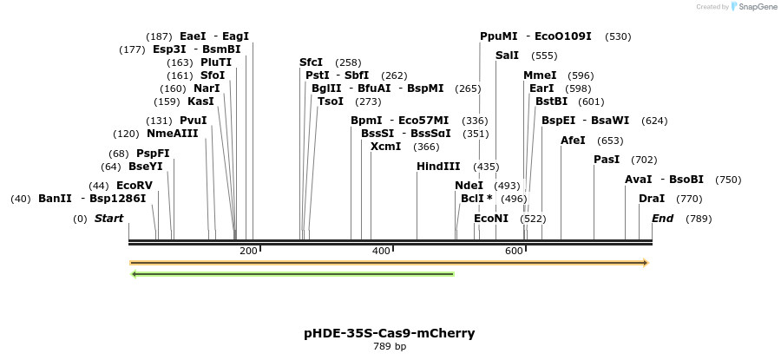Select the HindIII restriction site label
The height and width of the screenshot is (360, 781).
click(438, 167)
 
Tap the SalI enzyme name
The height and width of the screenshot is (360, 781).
click(507, 56)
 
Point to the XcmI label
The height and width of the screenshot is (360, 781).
click(385, 147)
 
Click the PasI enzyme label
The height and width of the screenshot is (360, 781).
click(607, 160)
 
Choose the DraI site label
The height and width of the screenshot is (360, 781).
click(652, 199)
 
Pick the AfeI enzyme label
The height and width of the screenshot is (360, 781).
click(573, 141)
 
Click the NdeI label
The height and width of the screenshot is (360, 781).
click(469, 186)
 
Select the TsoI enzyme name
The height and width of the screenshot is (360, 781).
click(331, 101)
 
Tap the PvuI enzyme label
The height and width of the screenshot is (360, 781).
click(194, 121)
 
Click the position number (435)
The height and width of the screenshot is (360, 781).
click(486, 167)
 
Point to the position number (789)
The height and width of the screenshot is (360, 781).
click(699, 219)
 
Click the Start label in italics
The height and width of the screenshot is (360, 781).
click(109, 219)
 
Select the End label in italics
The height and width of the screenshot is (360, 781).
click(663, 219)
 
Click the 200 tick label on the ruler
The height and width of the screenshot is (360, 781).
click(248, 251)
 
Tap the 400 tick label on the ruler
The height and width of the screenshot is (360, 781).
click(381, 251)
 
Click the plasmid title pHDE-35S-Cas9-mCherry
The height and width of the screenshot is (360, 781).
click(389, 333)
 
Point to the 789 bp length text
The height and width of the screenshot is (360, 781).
click(389, 347)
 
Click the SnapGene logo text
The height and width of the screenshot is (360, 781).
click(758, 7)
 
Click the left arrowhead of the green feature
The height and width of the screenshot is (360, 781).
click(134, 274)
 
